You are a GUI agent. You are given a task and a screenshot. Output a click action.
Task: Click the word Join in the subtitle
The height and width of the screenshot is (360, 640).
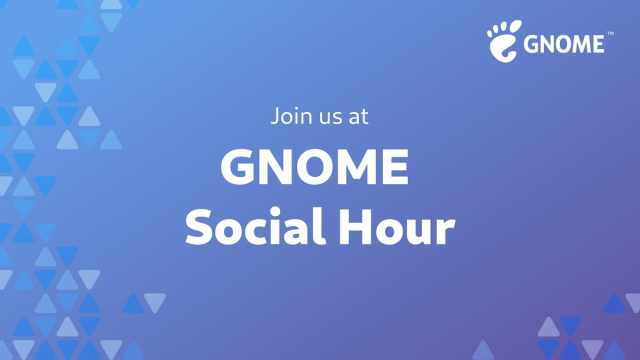289,115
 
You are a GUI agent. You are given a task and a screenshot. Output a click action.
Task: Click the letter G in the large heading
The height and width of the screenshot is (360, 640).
239,167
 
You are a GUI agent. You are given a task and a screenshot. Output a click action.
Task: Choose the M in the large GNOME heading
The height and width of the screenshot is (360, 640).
359,167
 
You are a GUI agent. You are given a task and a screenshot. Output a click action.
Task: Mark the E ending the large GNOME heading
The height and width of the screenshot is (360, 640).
397,167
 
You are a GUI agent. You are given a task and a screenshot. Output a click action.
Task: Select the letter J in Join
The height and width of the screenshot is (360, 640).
275,115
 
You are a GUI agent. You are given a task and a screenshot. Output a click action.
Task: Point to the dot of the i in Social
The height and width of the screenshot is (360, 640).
277,211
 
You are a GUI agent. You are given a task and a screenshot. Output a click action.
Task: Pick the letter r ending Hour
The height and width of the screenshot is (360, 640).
446,233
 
